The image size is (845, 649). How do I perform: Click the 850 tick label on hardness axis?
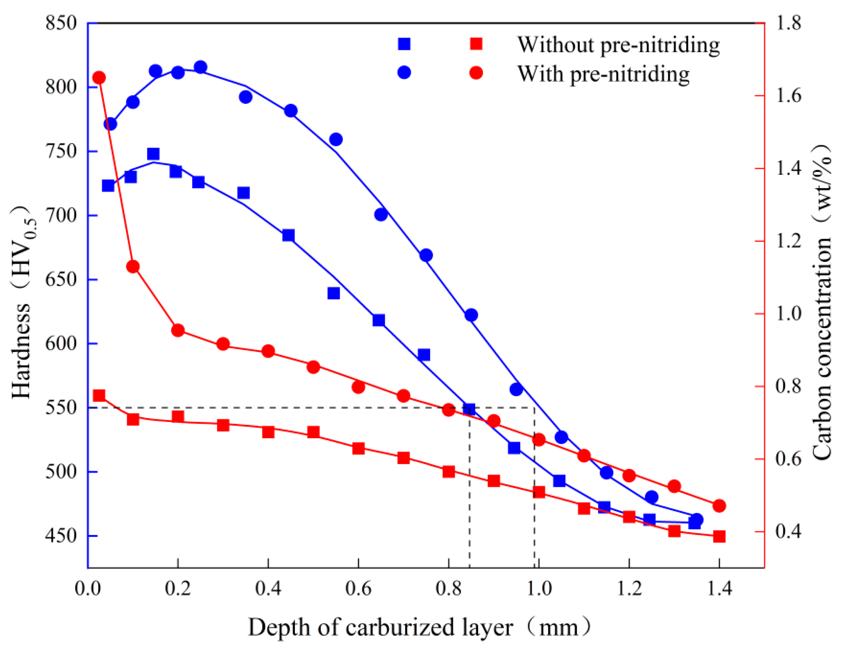click(61, 23)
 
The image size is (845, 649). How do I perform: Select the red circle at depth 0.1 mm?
click(133, 266)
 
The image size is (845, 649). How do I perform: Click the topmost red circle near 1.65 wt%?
click(99, 78)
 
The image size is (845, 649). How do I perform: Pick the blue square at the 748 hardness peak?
click(153, 154)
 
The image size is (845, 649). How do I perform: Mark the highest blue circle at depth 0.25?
click(200, 67)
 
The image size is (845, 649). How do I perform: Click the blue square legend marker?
click(404, 44)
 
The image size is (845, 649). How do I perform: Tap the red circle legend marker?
click(476, 72)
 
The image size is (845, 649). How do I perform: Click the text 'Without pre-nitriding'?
click(618, 45)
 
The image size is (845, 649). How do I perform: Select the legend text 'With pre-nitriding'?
click(603, 73)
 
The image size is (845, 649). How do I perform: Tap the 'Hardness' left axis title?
click(21, 351)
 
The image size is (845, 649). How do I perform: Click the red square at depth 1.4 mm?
click(719, 537)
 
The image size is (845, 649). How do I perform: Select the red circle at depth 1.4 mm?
click(719, 506)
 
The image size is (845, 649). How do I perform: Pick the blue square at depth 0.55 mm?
click(333, 293)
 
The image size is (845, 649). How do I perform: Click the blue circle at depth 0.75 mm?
click(425, 255)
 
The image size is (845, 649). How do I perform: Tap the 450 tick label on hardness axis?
click(61, 536)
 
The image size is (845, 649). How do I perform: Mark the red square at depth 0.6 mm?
click(358, 448)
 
